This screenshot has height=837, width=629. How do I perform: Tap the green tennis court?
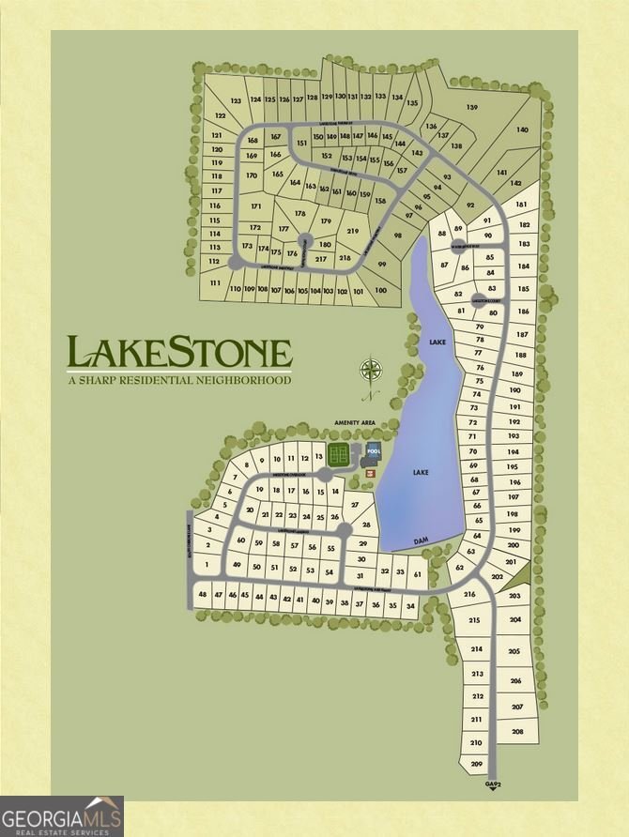click(x=340, y=455)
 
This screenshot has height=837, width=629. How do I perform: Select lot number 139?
click(x=471, y=108)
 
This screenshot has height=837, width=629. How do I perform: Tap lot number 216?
click(x=470, y=595)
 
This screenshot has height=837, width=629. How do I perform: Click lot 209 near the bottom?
click(x=476, y=765)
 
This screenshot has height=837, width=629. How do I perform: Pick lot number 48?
click(x=203, y=594)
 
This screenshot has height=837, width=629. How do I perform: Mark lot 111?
click(x=215, y=282)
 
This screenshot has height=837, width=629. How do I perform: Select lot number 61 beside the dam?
click(x=417, y=572)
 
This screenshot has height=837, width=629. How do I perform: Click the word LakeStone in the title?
click(x=178, y=353)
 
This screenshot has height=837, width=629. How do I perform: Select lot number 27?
click(x=354, y=505)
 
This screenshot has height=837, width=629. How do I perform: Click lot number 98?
click(x=397, y=236)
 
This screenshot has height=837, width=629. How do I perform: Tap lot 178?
click(x=300, y=214)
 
